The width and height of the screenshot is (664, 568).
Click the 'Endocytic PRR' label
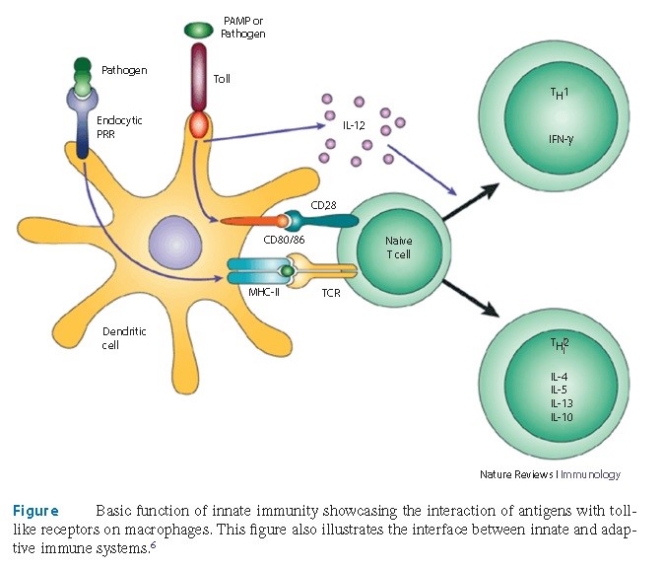tap(121, 127)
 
